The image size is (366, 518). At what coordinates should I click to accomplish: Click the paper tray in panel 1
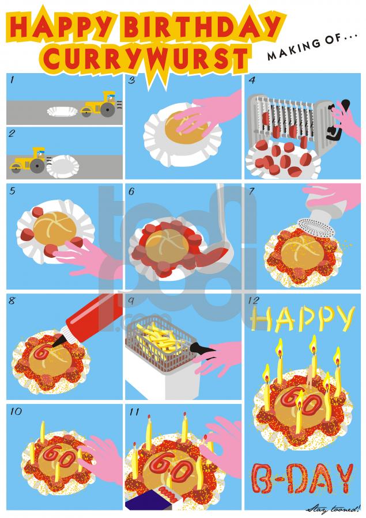(63, 111)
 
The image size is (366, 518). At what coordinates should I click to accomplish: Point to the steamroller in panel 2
(30, 161)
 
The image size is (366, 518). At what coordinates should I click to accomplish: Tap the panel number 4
(252, 80)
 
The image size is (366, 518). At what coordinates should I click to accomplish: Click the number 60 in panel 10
(61, 456)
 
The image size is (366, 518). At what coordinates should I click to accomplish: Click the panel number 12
(254, 300)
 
